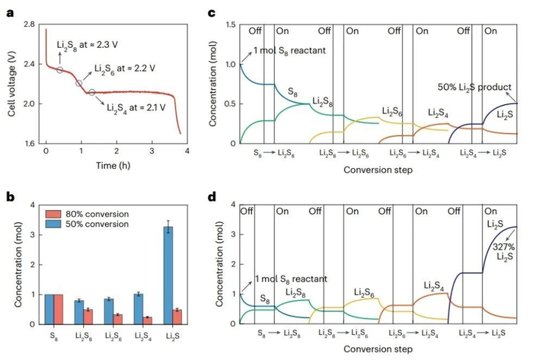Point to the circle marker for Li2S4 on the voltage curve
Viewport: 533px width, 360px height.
(92, 93)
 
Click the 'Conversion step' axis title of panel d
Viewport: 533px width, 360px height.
(378, 350)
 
